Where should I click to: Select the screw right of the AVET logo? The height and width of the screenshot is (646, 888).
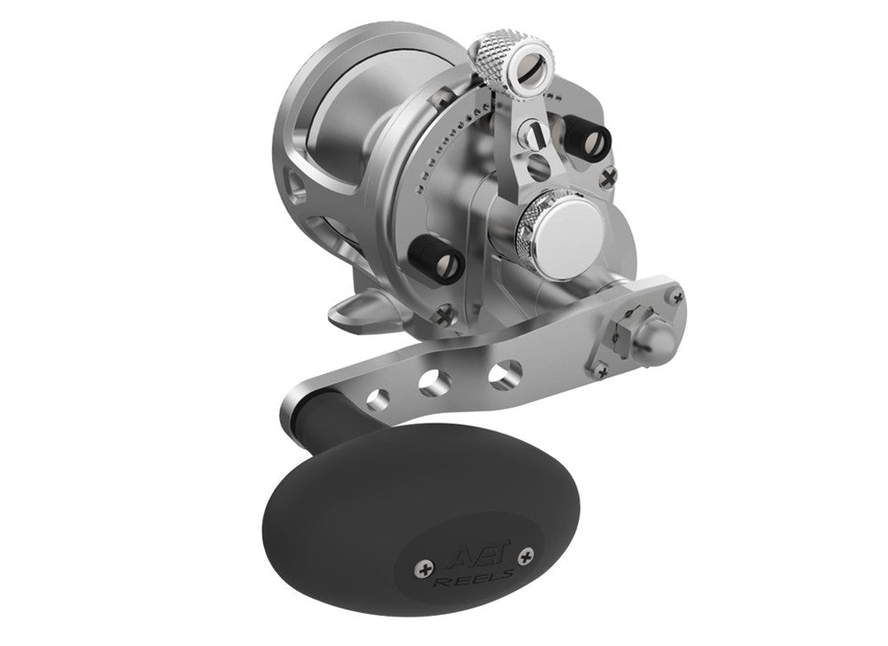pyautogui.click(x=530, y=557)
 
